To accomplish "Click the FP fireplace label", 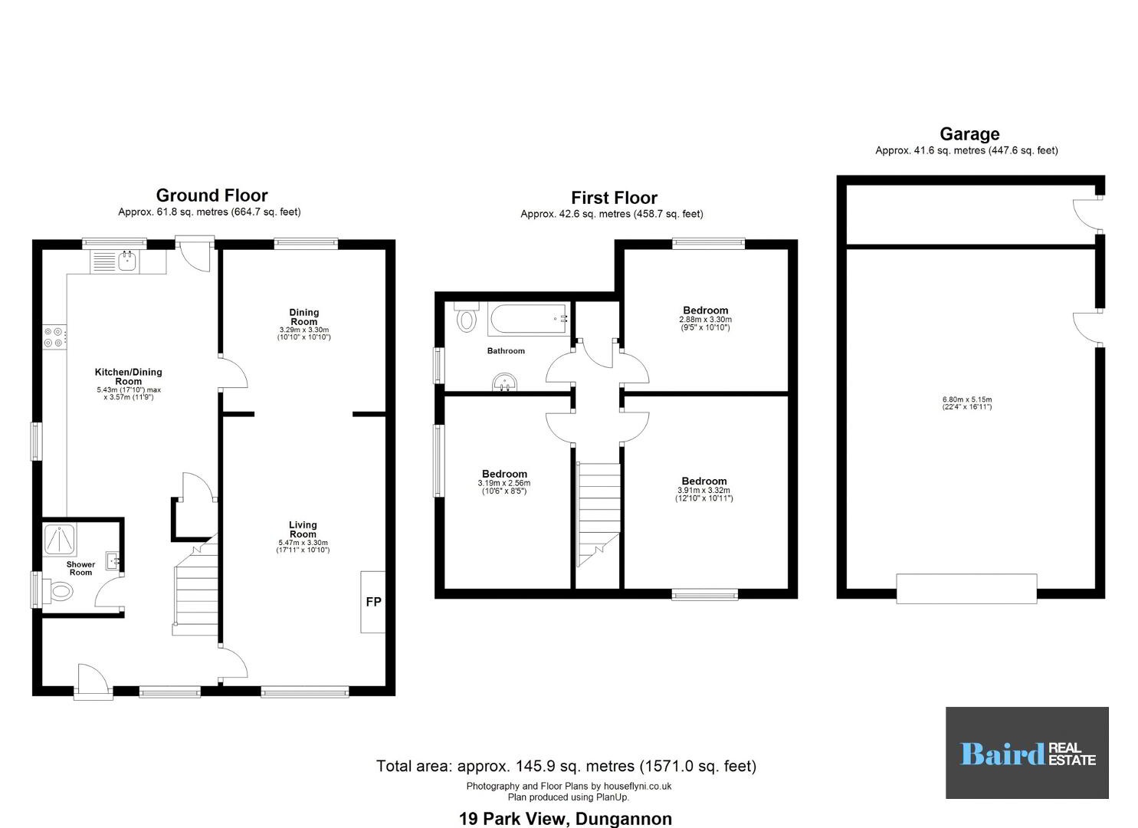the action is (x=373, y=602).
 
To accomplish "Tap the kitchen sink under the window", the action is (x=127, y=261).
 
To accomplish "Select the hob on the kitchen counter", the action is (x=54, y=337).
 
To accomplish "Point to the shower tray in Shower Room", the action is (x=60, y=539).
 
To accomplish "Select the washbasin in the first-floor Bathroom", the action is (x=504, y=383).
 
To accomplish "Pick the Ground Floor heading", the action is (x=212, y=195).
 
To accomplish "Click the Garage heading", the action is (x=969, y=133).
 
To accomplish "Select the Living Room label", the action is (x=303, y=529).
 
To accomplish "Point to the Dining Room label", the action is (x=303, y=317).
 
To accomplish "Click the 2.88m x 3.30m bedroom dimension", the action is (x=705, y=320).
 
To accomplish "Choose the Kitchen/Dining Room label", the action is (x=129, y=376).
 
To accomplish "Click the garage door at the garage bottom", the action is (x=966, y=589).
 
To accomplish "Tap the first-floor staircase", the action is (x=598, y=514).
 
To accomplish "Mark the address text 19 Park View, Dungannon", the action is (x=566, y=819).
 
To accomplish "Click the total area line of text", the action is (x=566, y=765).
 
